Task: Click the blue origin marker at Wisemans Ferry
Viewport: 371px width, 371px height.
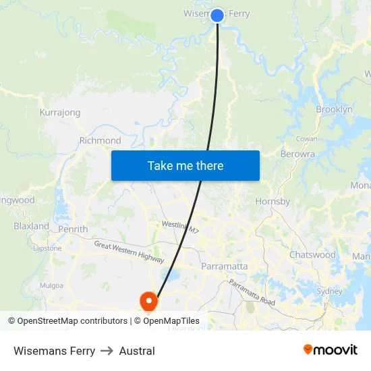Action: [x=217, y=15]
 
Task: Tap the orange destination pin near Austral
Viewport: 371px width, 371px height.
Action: [x=148, y=300]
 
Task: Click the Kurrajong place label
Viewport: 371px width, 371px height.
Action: [x=60, y=113]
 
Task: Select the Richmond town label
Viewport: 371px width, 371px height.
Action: [x=100, y=141]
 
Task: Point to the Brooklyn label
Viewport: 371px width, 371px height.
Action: [x=334, y=109]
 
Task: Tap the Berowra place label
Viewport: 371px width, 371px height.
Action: [x=297, y=154]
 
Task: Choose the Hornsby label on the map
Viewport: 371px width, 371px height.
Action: [x=273, y=201]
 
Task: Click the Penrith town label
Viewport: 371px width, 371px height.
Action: [x=73, y=229]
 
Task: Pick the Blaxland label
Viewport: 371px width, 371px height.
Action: [x=31, y=226]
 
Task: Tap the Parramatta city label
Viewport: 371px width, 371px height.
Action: [x=224, y=266]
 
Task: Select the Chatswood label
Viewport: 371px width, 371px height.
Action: [x=312, y=255]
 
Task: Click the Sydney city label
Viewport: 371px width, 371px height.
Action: [x=330, y=291]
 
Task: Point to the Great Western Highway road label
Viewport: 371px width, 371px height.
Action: [x=129, y=252]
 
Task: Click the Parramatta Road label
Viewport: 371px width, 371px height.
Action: [x=252, y=293]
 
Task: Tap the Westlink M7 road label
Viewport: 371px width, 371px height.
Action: [x=181, y=227]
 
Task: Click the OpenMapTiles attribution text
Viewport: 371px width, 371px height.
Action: [x=167, y=321]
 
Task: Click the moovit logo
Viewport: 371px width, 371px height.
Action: [x=331, y=350]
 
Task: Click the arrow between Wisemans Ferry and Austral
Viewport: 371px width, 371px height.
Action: [x=107, y=351]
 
